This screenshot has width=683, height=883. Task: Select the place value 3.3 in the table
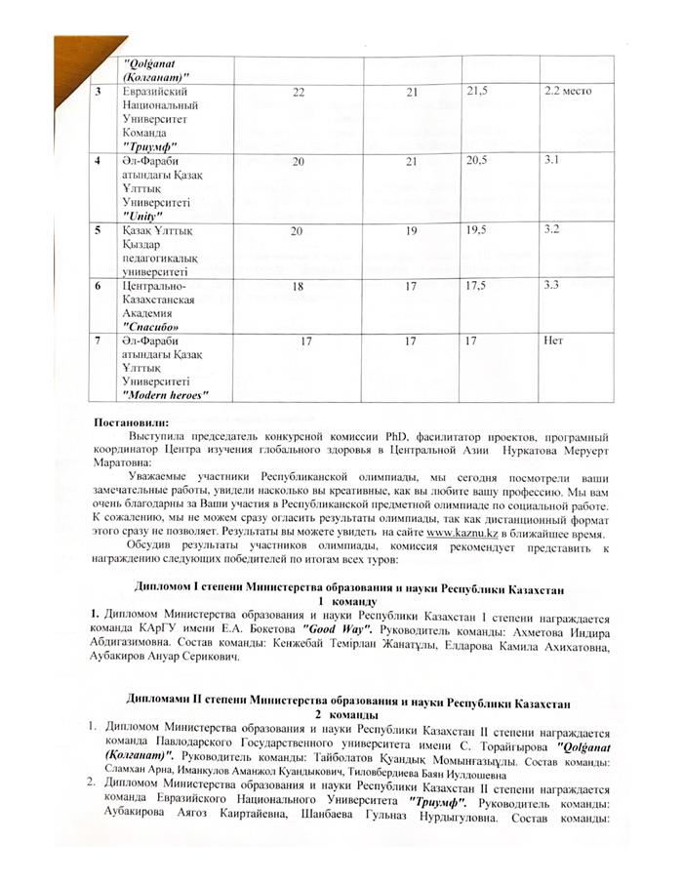(x=552, y=286)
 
